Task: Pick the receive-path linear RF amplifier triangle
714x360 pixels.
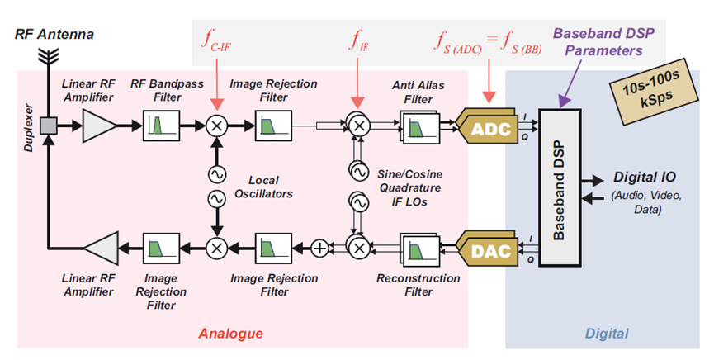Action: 98,126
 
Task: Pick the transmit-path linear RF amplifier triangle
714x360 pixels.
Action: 100,246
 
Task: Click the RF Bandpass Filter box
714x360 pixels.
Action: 158,126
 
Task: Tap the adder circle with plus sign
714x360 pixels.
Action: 320,247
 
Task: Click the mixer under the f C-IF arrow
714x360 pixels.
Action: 216,126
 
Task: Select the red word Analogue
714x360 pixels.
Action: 230,334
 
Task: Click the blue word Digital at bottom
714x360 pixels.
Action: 607,334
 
